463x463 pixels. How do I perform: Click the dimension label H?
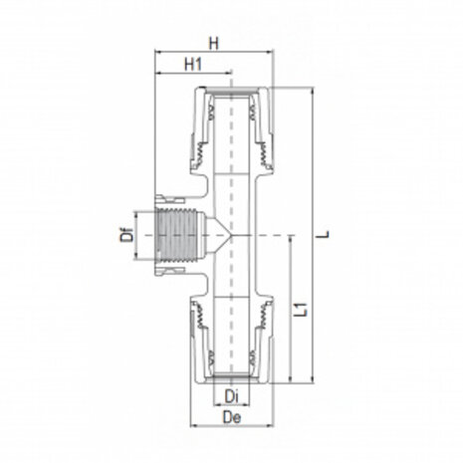click(x=214, y=43)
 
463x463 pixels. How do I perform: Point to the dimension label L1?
click(x=302, y=310)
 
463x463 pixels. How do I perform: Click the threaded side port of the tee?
click(x=177, y=236)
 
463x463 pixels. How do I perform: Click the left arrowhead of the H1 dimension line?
click(x=157, y=74)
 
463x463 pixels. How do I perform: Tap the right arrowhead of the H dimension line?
click(x=271, y=53)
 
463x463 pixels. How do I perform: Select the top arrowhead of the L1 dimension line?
click(x=291, y=239)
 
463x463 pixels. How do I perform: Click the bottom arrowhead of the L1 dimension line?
click(x=291, y=382)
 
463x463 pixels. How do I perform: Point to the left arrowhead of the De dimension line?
click(x=191, y=425)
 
